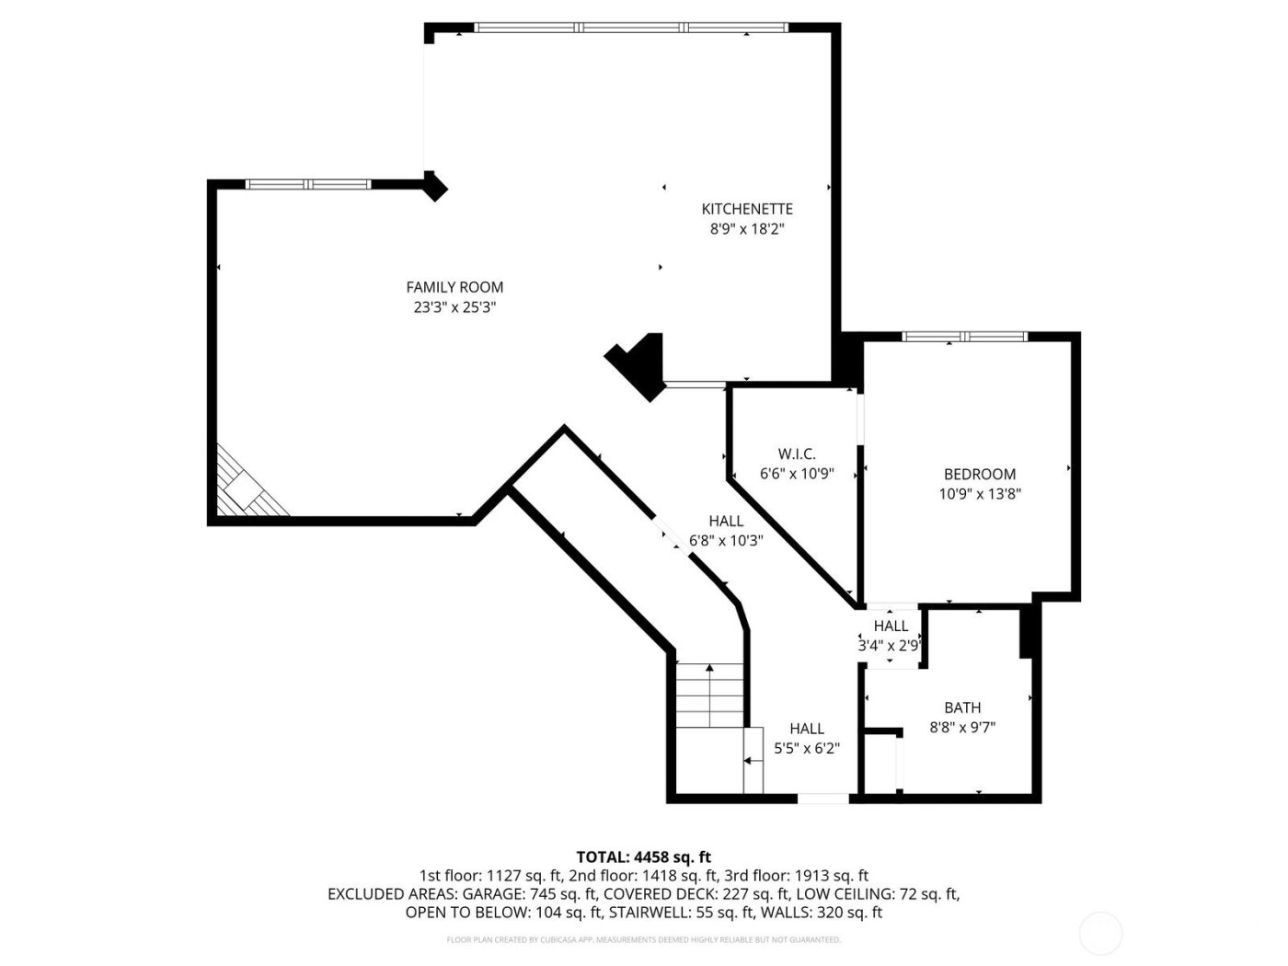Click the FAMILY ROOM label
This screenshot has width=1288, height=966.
click(x=454, y=287)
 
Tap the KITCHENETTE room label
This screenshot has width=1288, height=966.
click(x=746, y=209)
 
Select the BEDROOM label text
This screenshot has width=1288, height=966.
click(x=980, y=474)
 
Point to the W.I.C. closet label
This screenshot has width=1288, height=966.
click(x=797, y=454)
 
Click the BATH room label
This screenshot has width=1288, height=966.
click(x=962, y=707)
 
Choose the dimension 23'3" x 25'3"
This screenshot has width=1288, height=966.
click(x=454, y=307)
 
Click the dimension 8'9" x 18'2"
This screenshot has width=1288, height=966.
click(x=746, y=229)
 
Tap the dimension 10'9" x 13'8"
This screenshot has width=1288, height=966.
click(x=980, y=493)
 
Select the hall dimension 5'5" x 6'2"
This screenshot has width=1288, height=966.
click(x=807, y=748)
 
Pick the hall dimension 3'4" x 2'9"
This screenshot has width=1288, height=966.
click(x=890, y=646)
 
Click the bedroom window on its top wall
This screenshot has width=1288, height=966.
click(x=964, y=336)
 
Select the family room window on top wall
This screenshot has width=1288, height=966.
click(x=308, y=184)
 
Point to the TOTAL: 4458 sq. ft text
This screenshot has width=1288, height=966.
click(x=643, y=857)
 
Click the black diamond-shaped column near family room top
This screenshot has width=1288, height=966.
click(x=434, y=187)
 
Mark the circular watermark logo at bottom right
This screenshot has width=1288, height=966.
click(x=1100, y=933)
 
